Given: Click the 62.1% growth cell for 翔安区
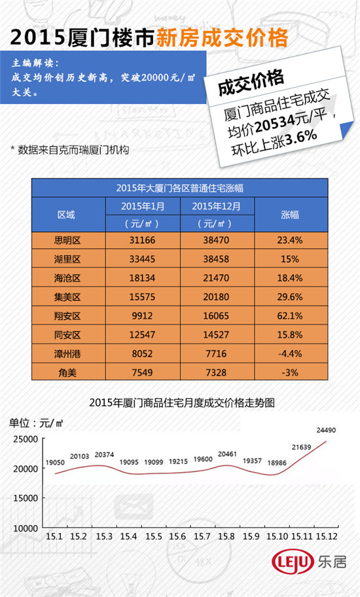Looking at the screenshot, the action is click(290, 316).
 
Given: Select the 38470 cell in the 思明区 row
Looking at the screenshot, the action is click(216, 240).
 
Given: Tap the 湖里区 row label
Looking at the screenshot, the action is click(67, 259).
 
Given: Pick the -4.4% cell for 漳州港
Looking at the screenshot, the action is click(290, 353).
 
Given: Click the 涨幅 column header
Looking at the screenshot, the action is click(290, 215).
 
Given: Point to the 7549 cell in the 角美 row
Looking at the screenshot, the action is click(142, 372).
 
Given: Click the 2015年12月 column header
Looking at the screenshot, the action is click(216, 206).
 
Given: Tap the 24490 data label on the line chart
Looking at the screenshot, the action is click(326, 430).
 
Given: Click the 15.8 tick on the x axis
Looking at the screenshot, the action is click(226, 537).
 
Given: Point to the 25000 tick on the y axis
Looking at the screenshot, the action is click(26, 439).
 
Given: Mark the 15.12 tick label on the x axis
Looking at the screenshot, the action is click(327, 537).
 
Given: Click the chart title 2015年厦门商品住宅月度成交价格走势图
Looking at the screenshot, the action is click(182, 403).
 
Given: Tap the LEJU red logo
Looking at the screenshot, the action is click(293, 562).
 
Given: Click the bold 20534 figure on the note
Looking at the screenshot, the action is click(275, 122).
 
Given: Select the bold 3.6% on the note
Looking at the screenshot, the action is click(301, 137).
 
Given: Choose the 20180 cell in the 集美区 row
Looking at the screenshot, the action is click(216, 297).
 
